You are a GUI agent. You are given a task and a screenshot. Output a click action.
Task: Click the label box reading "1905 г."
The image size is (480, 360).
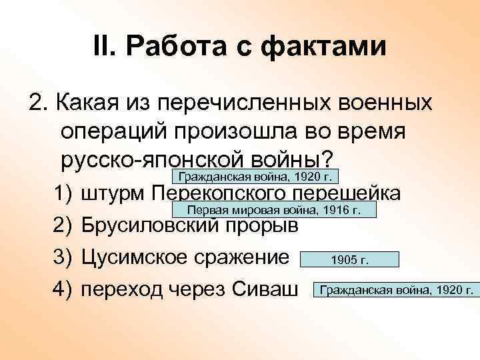[x=350, y=260]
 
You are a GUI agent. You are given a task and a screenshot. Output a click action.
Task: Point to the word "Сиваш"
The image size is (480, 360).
[x=263, y=289]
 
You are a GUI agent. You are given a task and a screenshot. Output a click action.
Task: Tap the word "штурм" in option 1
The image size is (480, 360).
[x=113, y=193]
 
